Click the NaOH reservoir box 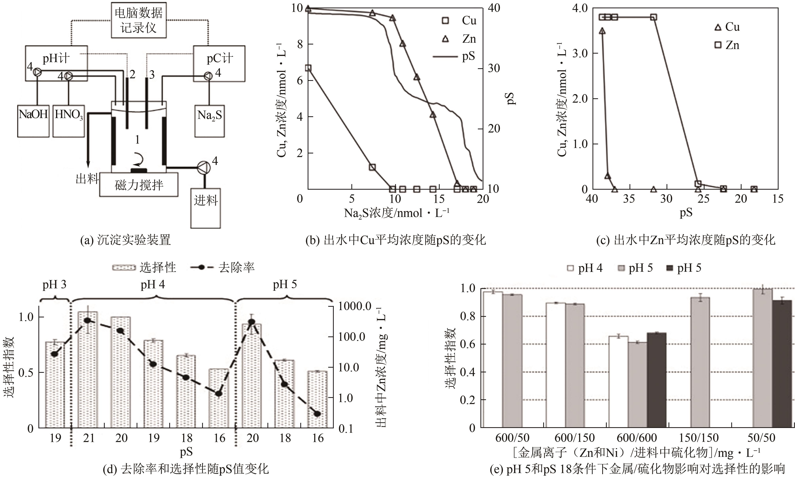coord(33,121)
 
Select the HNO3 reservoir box coord(68,121)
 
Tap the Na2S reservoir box coord(209,121)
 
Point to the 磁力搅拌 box coord(139,185)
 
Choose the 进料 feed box coord(205,208)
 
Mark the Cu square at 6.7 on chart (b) coord(308,68)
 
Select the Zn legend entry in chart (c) coord(727,45)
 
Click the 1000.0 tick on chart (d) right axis coord(355,306)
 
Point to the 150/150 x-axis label coord(699,438)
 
